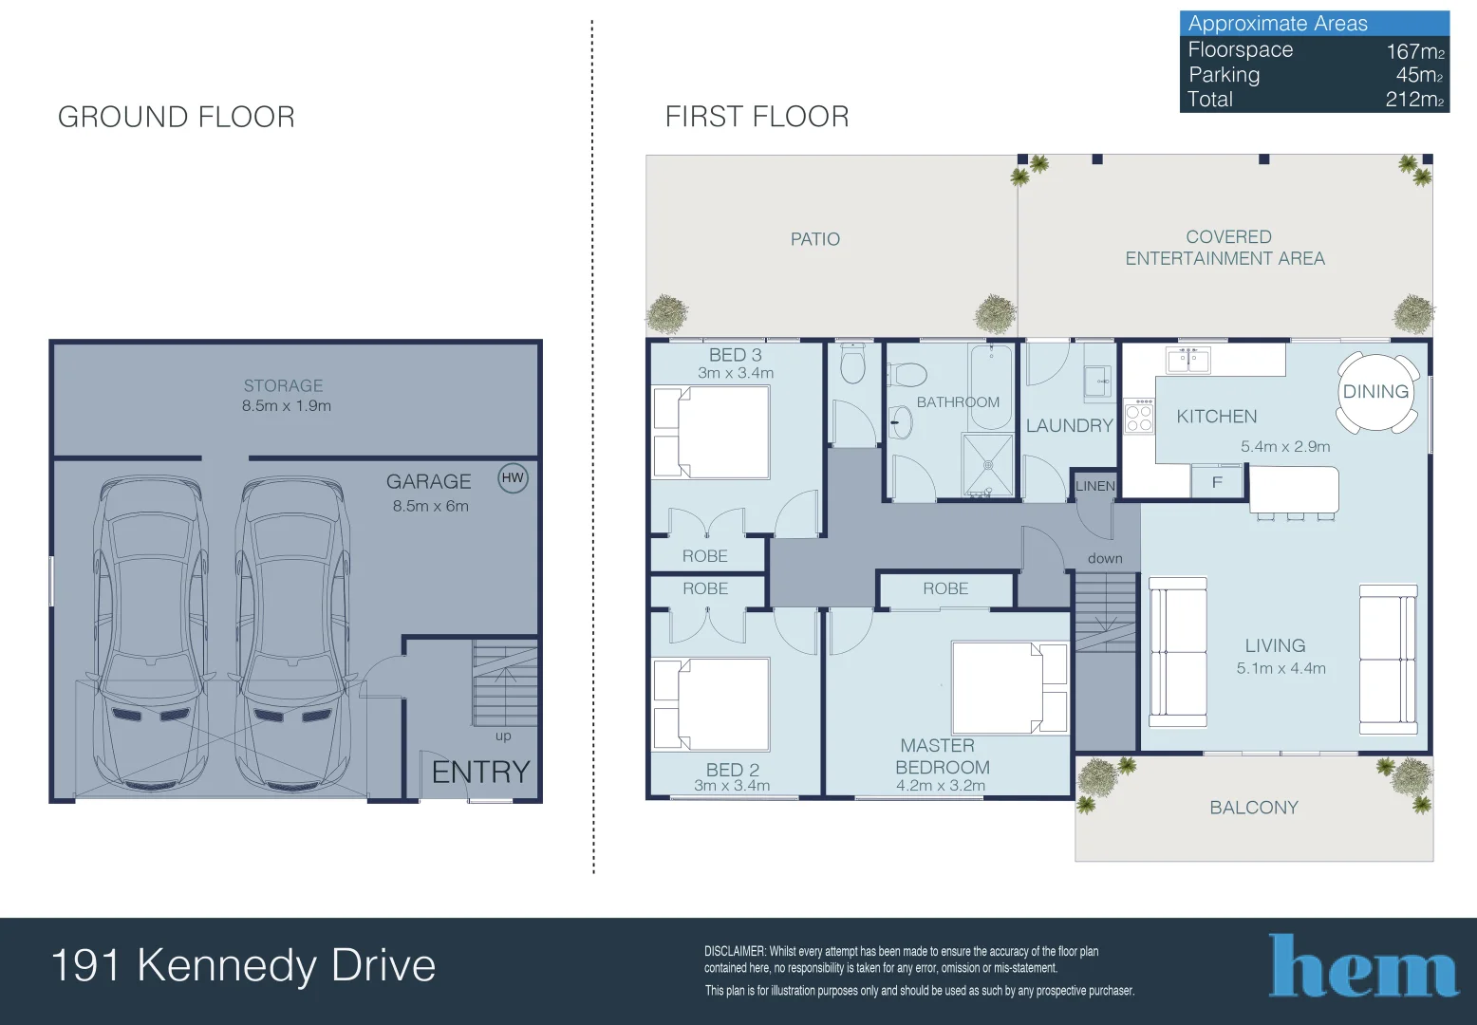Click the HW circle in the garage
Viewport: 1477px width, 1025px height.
(513, 478)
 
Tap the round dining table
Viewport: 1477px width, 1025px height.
(1376, 392)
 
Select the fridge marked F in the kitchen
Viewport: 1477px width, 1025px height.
(1217, 482)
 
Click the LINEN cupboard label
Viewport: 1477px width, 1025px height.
(1095, 487)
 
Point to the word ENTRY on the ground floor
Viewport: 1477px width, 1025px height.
(480, 772)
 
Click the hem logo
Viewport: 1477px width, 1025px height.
(1362, 965)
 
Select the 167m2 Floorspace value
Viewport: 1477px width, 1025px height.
(1415, 51)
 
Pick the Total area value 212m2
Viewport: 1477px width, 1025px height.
(1414, 100)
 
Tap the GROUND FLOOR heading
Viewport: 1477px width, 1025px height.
(176, 118)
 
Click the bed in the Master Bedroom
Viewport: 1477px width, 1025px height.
(1009, 687)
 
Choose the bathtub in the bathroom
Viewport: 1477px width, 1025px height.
(990, 386)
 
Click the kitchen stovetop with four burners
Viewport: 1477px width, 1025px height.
(1139, 417)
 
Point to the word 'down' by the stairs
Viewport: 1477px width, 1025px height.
(1105, 558)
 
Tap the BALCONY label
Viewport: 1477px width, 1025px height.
(1254, 808)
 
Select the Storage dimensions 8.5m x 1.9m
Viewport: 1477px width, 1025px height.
(286, 406)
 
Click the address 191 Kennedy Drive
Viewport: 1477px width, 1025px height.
(244, 965)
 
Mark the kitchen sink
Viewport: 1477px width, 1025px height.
(1188, 360)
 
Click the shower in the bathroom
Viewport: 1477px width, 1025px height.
(988, 464)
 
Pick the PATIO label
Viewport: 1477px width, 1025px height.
(815, 239)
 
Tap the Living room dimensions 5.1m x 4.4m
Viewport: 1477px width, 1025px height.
(1281, 668)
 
